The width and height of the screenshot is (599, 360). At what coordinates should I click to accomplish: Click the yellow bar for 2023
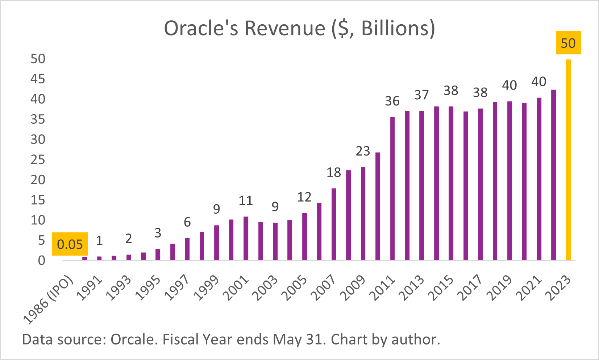[568, 160]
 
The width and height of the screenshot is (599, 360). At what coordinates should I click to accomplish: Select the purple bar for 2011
[392, 189]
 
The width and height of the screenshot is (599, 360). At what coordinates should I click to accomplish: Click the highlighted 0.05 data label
[70, 244]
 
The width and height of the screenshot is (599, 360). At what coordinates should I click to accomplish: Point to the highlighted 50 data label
[568, 43]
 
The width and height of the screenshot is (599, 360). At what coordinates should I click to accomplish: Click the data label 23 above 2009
[363, 151]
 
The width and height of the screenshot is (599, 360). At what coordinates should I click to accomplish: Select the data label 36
[392, 101]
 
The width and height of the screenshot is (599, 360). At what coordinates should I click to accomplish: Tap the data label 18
[334, 173]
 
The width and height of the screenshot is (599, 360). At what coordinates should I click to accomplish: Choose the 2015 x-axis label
[441, 288]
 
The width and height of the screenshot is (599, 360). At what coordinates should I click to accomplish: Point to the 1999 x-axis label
[207, 288]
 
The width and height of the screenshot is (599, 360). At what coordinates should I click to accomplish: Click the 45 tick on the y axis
[38, 79]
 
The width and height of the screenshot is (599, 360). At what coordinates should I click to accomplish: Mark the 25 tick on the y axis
[38, 160]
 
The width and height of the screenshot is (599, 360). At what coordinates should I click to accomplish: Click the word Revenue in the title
[285, 28]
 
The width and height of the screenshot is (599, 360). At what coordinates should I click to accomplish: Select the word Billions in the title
[395, 28]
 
